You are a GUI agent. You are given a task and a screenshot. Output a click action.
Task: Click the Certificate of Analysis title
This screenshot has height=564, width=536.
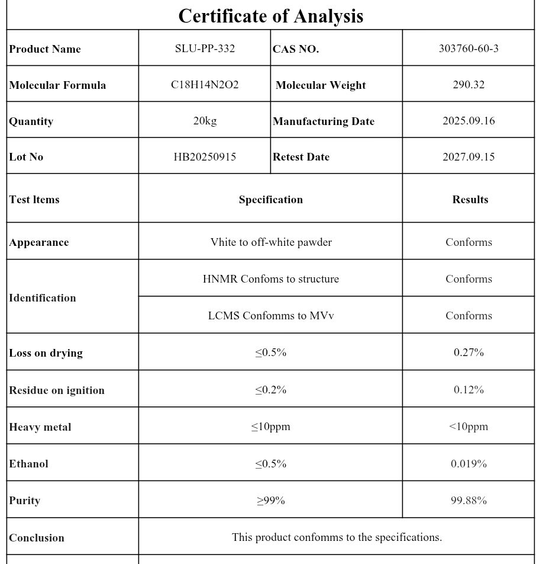click(270, 16)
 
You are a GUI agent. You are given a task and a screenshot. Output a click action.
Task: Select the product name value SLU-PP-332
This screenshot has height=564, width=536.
click(205, 49)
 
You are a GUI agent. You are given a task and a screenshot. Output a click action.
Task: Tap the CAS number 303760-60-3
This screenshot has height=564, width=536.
click(468, 49)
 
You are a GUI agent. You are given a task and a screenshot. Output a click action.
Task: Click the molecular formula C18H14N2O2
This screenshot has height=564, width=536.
click(205, 85)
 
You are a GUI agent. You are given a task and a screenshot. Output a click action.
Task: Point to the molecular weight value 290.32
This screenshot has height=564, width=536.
click(468, 85)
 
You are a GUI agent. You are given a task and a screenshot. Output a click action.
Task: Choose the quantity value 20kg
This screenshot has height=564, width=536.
click(205, 121)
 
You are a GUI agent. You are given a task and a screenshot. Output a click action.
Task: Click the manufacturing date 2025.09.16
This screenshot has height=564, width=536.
click(468, 121)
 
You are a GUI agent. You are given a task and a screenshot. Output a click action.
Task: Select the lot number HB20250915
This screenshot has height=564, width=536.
click(205, 157)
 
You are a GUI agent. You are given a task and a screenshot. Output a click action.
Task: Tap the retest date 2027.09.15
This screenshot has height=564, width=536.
click(468, 157)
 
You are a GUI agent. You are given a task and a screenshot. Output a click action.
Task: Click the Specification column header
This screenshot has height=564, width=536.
click(270, 200)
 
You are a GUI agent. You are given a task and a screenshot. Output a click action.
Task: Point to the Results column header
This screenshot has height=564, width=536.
click(470, 200)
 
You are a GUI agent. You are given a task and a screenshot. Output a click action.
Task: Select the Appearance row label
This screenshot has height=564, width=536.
click(39, 242)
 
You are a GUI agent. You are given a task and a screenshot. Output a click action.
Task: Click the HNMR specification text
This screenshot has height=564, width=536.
click(270, 279)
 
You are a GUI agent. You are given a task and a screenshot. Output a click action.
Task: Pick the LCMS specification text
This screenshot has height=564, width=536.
click(270, 316)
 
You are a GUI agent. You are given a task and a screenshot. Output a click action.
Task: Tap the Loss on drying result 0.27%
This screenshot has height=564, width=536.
click(468, 352)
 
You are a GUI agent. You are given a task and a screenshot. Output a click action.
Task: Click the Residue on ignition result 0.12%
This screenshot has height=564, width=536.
click(468, 390)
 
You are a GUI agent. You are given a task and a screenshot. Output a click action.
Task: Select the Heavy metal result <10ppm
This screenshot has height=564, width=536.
click(468, 427)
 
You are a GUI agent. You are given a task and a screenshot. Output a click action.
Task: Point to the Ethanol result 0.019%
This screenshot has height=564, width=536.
click(468, 464)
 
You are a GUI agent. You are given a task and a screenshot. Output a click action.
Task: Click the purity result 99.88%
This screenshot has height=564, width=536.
click(468, 501)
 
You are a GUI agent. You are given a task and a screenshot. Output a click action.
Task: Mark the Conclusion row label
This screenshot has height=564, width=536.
click(37, 538)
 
